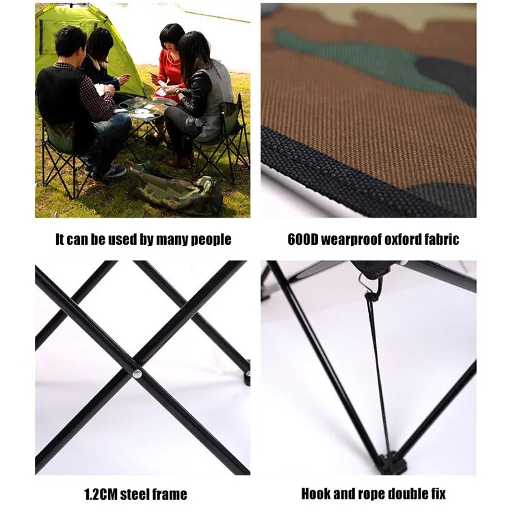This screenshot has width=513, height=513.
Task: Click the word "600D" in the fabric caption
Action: click(303, 239)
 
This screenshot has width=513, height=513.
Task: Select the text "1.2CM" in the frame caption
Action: click(101, 495)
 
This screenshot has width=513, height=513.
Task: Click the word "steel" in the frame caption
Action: click(135, 495)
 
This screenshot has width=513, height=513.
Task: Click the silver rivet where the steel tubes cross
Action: click(137, 373)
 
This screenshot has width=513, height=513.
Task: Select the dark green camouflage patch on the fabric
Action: click(356, 58)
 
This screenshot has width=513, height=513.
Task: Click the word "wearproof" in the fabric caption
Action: click(351, 240)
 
